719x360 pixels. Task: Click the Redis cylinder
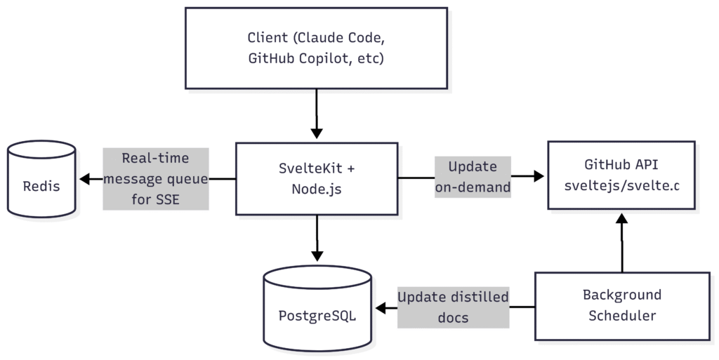point(41,179)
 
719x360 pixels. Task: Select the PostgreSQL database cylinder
point(317,308)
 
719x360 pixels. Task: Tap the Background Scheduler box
point(622,307)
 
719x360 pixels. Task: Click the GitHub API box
point(621,175)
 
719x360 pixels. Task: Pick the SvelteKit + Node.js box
point(317,179)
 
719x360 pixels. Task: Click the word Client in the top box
point(268,38)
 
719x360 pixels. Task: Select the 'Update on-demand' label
point(473,177)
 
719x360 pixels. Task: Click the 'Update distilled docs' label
point(453,307)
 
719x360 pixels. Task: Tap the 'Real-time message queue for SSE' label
point(156,179)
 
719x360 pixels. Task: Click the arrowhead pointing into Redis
point(85,179)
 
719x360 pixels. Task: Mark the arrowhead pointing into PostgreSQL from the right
point(381,308)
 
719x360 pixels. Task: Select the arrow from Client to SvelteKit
point(317,114)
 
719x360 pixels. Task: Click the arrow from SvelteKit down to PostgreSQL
point(317,238)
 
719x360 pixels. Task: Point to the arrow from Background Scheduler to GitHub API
point(622,243)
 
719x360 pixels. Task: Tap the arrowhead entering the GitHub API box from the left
point(539,176)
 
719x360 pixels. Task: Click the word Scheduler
point(622,316)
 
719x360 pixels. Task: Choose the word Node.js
point(317,189)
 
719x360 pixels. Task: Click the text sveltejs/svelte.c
point(621,185)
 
